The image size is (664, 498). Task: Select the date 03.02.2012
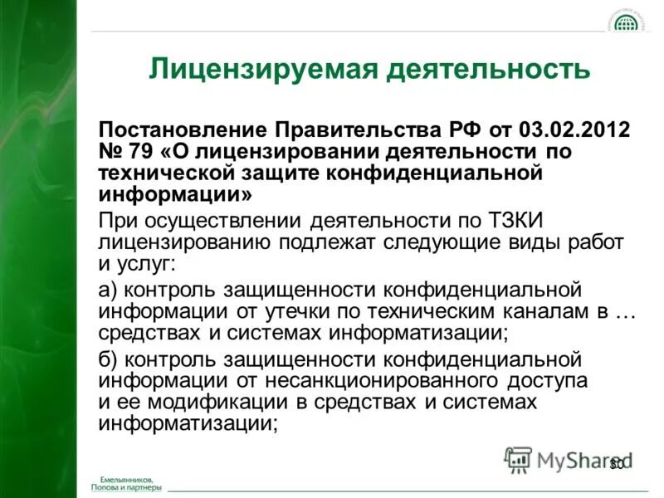[x=574, y=131]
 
